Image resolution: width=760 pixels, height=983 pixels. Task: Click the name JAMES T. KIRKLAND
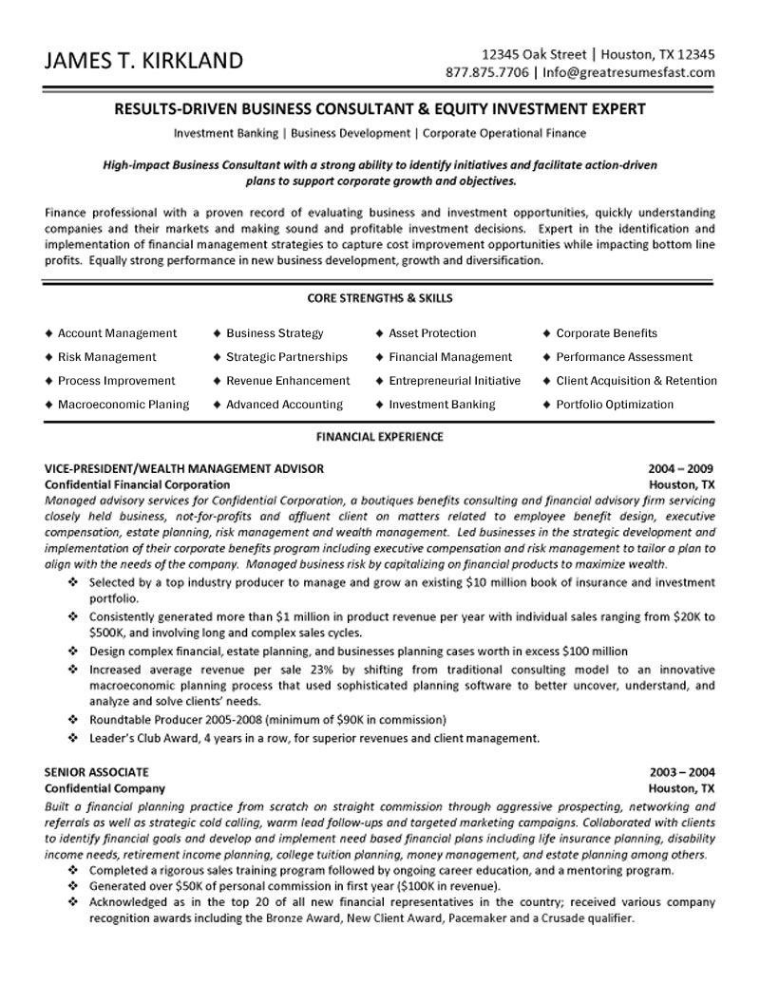click(x=142, y=62)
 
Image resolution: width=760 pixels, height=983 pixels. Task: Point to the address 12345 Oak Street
click(x=535, y=53)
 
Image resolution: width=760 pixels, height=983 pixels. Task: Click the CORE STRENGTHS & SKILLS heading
click(x=379, y=298)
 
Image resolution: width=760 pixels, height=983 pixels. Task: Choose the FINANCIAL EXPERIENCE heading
click(x=379, y=437)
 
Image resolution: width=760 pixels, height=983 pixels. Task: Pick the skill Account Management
click(x=117, y=333)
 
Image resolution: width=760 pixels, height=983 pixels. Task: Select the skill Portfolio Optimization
click(x=615, y=405)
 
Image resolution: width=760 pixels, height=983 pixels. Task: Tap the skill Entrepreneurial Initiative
click(x=454, y=381)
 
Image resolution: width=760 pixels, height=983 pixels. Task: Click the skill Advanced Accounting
click(x=284, y=405)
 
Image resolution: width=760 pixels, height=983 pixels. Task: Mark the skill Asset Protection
click(x=432, y=333)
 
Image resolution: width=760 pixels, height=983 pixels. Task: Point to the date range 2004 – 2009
click(x=681, y=468)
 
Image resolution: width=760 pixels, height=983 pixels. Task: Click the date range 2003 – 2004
click(x=681, y=773)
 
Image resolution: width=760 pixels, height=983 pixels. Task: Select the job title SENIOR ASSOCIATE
click(x=97, y=773)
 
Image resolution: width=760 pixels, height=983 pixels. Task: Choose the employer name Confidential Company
click(x=105, y=788)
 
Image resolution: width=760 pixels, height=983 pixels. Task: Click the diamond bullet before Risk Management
click(x=48, y=357)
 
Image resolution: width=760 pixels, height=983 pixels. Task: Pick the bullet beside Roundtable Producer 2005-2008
click(x=73, y=719)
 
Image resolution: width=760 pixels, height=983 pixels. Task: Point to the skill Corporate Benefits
click(x=606, y=333)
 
